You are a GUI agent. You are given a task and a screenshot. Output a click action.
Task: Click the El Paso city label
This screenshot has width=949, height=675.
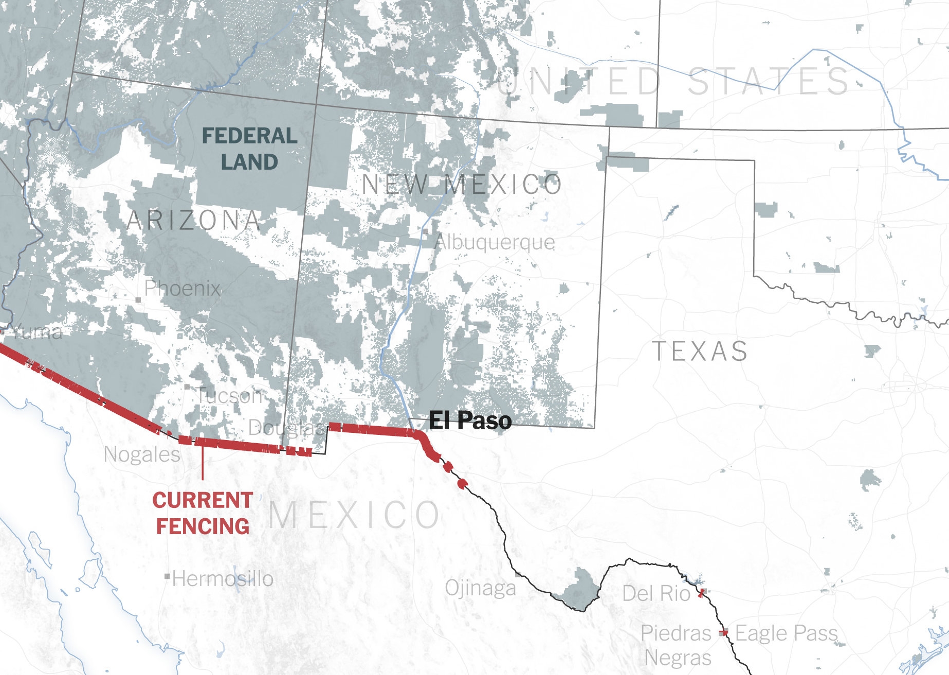point(470,421)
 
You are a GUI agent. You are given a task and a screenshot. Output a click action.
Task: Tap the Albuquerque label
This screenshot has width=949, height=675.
point(495,242)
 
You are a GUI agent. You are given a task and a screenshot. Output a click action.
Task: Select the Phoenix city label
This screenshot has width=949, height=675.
point(182,288)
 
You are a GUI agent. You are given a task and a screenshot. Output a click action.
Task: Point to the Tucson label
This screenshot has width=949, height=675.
point(229,396)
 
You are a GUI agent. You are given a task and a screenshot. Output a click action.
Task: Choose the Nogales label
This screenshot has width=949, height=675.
point(142,454)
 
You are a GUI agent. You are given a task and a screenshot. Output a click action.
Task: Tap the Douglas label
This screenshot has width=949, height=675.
point(286,427)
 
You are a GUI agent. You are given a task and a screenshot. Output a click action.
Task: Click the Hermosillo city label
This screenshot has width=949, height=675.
point(223,579)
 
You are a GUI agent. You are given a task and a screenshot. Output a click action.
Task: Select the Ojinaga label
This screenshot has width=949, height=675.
point(480,588)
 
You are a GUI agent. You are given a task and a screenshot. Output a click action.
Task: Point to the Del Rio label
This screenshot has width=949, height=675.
point(656,594)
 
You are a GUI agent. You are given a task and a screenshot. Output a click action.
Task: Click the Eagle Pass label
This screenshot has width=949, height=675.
point(787,633)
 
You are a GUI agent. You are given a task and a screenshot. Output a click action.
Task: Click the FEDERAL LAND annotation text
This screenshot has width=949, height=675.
point(249,149)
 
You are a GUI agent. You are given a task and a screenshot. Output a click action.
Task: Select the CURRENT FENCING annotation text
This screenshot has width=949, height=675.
point(203,513)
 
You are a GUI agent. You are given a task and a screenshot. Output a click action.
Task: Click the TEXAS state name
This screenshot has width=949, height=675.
point(700,352)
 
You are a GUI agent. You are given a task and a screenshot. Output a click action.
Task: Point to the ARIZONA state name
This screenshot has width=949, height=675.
point(194,221)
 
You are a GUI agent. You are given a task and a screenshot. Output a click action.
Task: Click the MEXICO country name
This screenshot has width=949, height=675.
point(354,515)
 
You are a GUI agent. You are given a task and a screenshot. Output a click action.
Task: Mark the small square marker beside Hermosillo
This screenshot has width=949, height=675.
point(167,577)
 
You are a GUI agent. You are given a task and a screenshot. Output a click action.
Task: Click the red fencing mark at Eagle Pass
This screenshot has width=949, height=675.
point(723,633)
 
